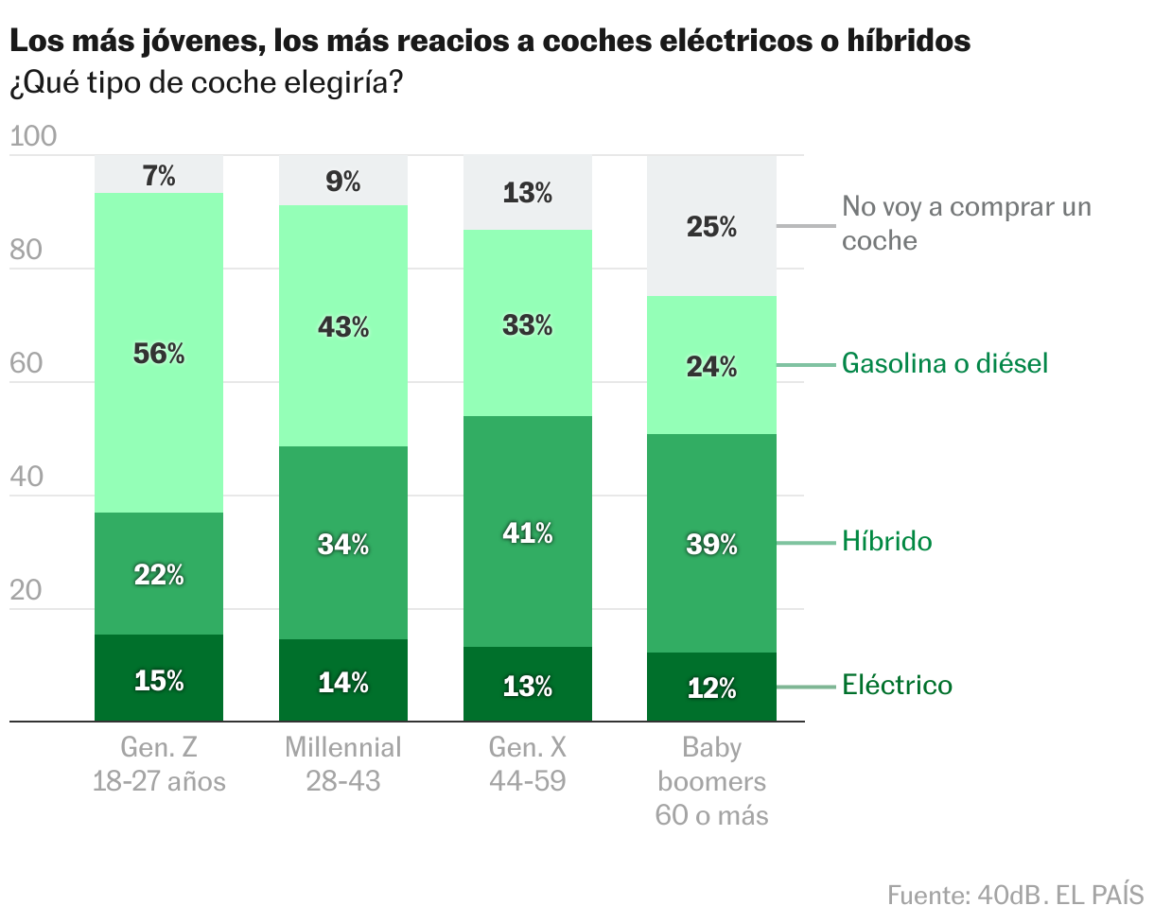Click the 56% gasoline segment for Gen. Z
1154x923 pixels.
pyautogui.click(x=159, y=353)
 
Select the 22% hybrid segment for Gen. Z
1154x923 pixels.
pyautogui.click(x=159, y=573)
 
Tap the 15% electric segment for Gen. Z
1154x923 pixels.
pyautogui.click(x=159, y=679)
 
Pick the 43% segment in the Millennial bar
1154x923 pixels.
pyautogui.click(x=342, y=326)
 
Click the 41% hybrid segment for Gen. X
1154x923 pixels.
pyautogui.click(x=527, y=532)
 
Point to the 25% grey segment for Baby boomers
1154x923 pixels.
pyautogui.click(x=711, y=227)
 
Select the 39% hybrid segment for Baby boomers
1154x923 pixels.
pyautogui.click(x=711, y=544)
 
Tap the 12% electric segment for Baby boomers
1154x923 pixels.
pyautogui.click(x=711, y=688)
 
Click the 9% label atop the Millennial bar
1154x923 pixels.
pyautogui.click(x=342, y=181)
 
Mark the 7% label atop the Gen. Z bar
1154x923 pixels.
pyautogui.click(x=159, y=175)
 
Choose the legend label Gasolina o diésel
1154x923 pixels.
pyautogui.click(x=944, y=364)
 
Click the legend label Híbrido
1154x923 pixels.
pyautogui.click(x=886, y=542)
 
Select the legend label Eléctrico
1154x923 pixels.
pyautogui.click(x=897, y=686)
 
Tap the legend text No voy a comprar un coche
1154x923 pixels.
pyautogui.click(x=965, y=223)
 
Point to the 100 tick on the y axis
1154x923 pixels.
pyautogui.click(x=33, y=138)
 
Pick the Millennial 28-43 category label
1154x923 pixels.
pyautogui.click(x=342, y=764)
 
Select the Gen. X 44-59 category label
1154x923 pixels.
pyautogui.click(x=527, y=764)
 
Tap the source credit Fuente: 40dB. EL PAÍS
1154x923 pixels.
pyautogui.click(x=1015, y=895)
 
